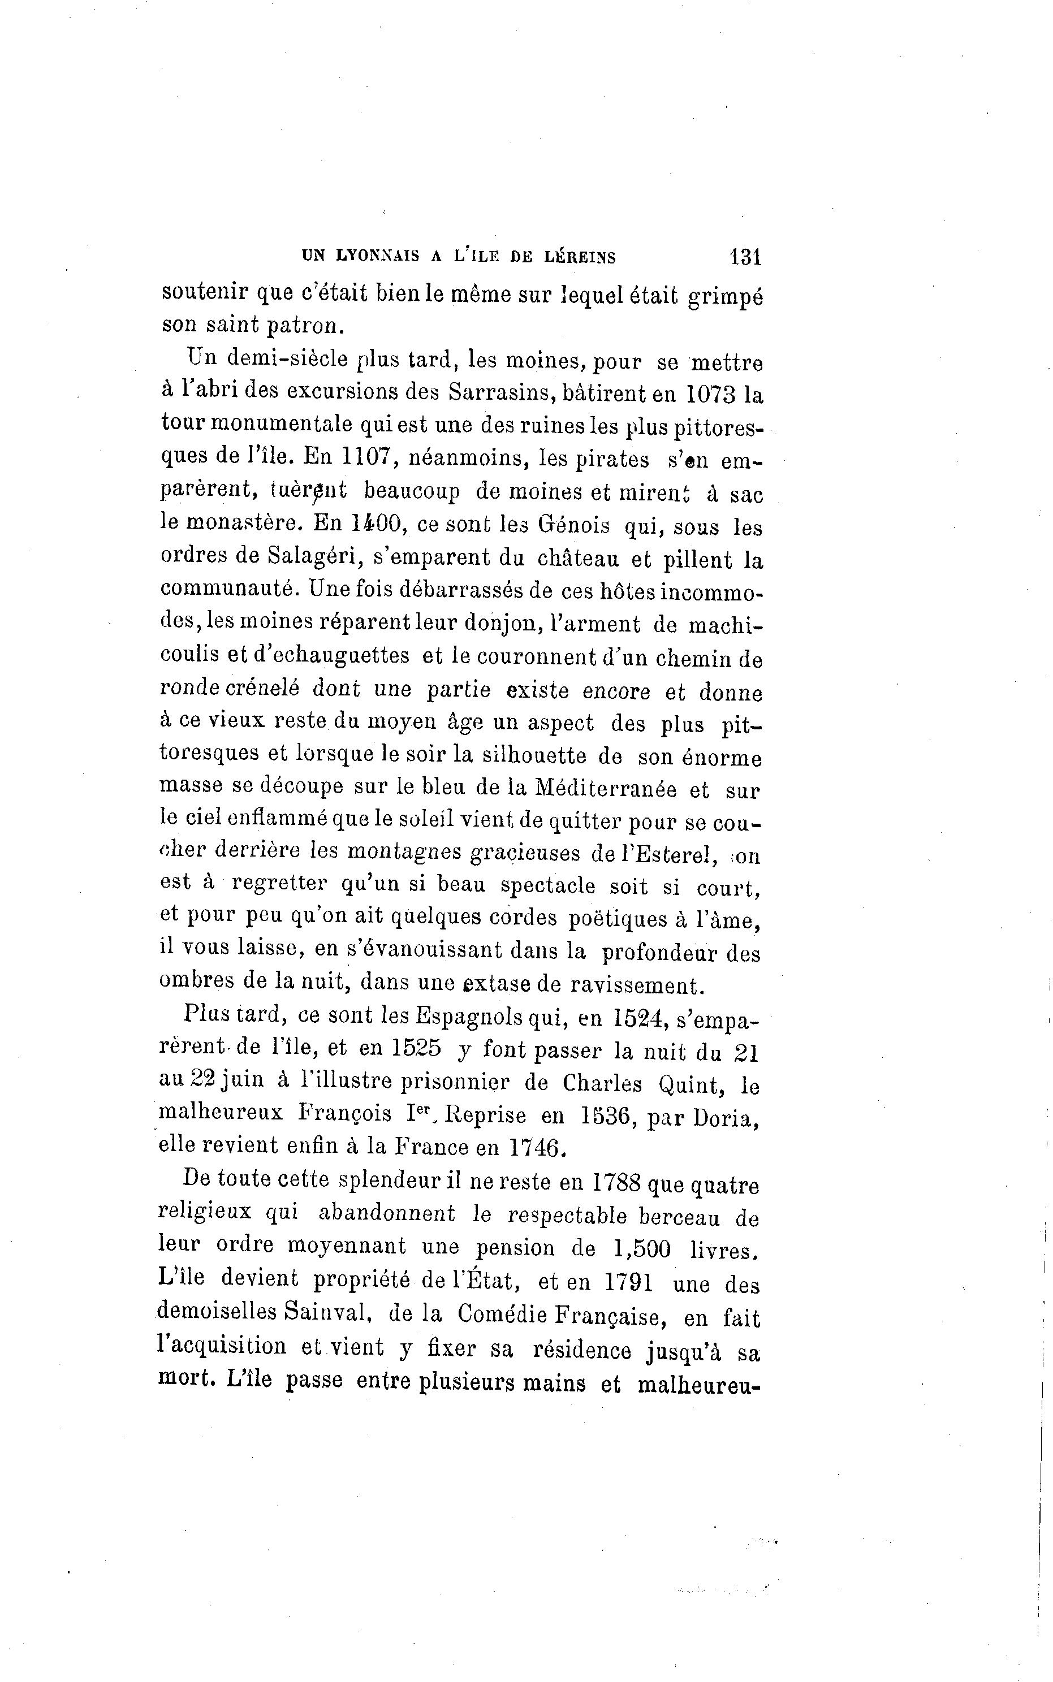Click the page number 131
(745, 257)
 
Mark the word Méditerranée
(605, 789)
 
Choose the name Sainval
(325, 1313)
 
